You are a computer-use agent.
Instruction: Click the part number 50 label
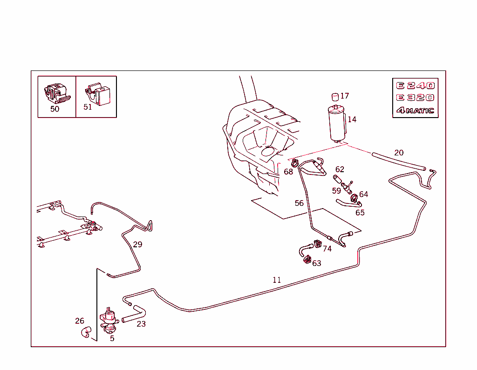(55, 109)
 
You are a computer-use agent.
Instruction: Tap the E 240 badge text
(415, 85)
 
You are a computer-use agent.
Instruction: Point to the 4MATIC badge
(415, 111)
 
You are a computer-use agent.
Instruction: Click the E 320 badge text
(415, 98)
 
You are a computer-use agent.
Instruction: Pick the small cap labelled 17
(334, 97)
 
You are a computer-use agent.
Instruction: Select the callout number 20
(399, 153)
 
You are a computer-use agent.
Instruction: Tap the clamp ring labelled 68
(295, 163)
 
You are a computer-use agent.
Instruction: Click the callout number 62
(340, 169)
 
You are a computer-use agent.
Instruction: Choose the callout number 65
(360, 213)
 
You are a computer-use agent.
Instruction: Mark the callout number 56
(299, 203)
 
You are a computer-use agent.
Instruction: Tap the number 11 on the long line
(277, 280)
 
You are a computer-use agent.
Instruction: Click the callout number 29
(137, 244)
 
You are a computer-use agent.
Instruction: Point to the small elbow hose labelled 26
(85, 332)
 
